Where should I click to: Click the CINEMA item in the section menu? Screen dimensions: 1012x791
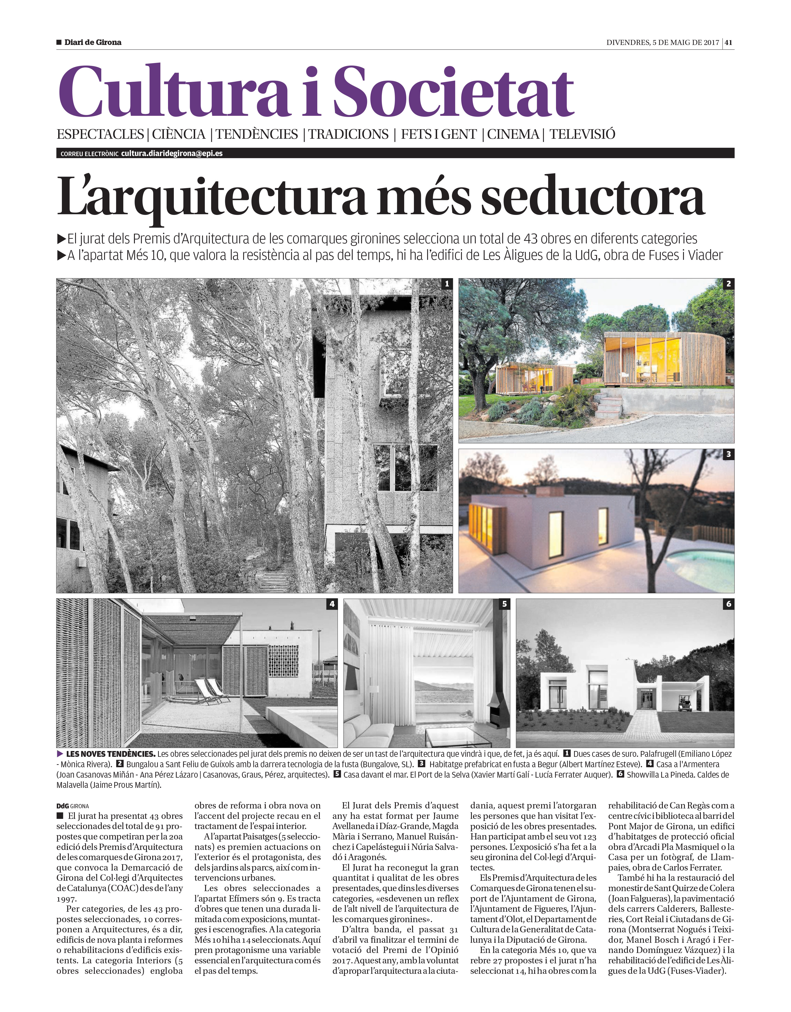tap(513, 134)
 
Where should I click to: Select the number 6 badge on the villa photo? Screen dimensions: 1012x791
tap(728, 604)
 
